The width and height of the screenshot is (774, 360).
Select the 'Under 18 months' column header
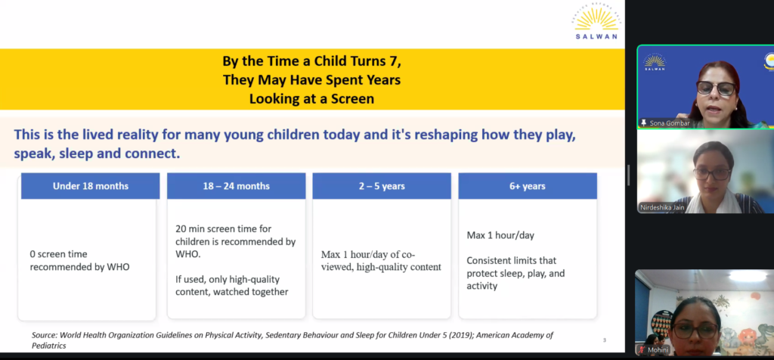(91, 186)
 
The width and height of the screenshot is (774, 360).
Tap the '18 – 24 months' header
(237, 186)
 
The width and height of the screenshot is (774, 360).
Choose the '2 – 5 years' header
(382, 186)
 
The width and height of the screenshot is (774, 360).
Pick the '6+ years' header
(528, 186)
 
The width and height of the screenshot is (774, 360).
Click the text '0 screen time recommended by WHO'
(79, 261)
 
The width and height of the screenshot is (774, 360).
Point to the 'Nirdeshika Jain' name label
(662, 207)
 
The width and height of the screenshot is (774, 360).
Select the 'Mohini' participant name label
(658, 350)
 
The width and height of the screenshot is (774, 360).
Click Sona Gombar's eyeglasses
(716, 88)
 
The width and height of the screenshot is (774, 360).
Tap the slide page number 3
(604, 340)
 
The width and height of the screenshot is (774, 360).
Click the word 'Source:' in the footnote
(45, 335)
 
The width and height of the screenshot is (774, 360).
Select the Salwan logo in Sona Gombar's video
(655, 62)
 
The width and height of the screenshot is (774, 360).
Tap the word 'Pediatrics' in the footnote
(49, 346)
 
